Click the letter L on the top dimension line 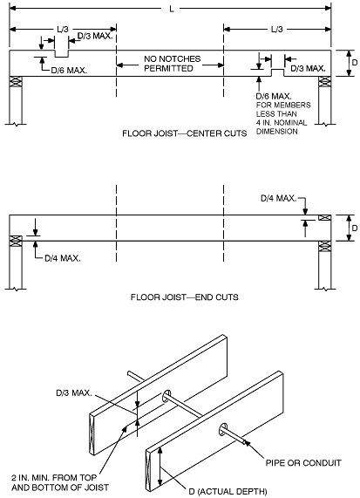172,9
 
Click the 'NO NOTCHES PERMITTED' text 172,64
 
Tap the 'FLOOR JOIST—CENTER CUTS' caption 185,133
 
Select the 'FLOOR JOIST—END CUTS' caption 185,297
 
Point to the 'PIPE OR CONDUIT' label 303,463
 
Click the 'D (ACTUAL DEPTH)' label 228,491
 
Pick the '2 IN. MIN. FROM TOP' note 54,477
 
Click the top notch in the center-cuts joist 62,54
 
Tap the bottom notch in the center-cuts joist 277,72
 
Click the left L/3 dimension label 63,30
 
